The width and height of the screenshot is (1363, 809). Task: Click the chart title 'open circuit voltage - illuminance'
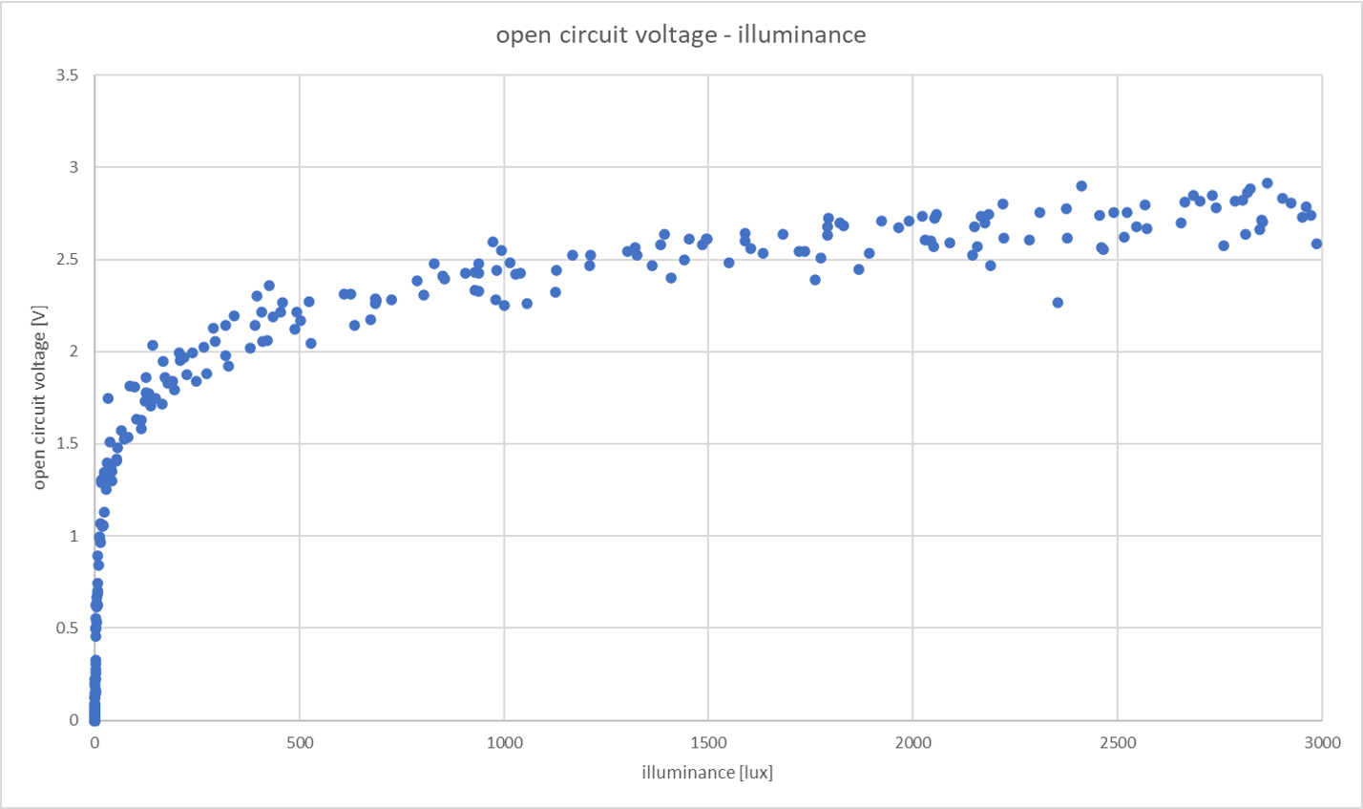point(681,35)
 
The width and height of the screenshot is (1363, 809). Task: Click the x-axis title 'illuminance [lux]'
point(707,772)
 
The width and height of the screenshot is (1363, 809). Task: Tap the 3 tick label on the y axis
point(73,167)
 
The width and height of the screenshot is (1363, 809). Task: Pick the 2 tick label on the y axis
point(73,351)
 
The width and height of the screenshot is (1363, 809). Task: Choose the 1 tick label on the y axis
point(73,536)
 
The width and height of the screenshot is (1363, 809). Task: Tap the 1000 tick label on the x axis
point(503,742)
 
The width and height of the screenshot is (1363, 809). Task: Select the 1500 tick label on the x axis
point(707,742)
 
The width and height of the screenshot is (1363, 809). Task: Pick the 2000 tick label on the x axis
point(912,742)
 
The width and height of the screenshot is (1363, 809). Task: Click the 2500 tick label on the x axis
point(1117,742)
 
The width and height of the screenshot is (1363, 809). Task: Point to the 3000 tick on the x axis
point(1321,742)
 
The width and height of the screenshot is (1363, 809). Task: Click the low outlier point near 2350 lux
point(1058,303)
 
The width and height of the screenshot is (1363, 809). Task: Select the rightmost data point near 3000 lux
point(1316,244)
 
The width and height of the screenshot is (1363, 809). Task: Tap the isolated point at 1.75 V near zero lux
point(108,398)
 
